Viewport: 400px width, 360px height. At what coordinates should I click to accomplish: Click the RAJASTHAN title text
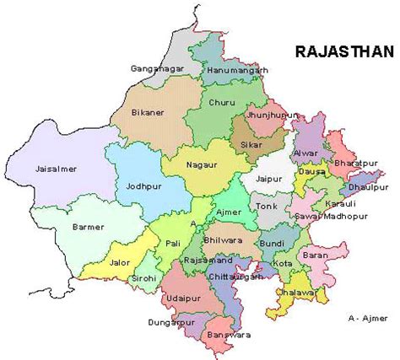coord(343,51)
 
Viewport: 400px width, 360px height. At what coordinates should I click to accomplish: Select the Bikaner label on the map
coord(148,111)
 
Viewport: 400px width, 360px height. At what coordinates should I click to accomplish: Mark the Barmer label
coord(89,227)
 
